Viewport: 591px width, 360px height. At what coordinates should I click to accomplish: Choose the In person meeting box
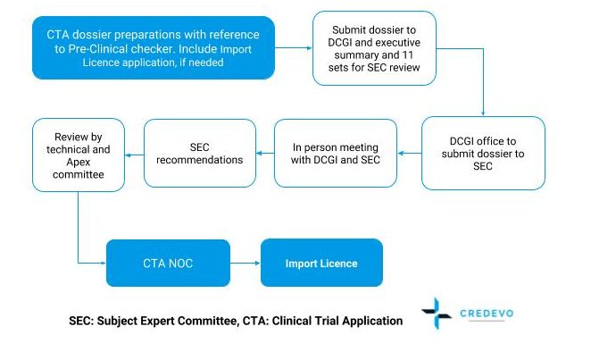click(x=337, y=153)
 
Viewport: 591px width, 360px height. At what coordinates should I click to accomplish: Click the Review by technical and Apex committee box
click(x=78, y=153)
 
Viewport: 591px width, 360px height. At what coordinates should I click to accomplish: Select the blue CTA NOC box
click(x=168, y=264)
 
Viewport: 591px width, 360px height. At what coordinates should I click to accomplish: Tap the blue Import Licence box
click(x=321, y=264)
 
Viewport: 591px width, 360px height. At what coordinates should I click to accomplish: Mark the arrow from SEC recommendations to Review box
click(x=134, y=153)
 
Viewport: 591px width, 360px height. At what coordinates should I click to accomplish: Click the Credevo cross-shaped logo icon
click(x=437, y=314)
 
